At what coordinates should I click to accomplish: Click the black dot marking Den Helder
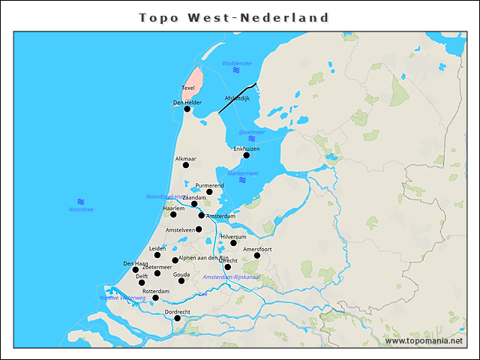187,109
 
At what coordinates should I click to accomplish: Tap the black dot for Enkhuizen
246,156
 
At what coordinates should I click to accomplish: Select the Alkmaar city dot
186,165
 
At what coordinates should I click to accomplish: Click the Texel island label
188,88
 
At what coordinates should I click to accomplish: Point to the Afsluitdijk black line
238,97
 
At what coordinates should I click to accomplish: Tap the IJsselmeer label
252,132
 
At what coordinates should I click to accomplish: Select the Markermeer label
243,173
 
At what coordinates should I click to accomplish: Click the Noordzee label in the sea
81,209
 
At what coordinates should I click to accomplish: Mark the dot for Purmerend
209,192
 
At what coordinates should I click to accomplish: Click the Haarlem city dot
173,214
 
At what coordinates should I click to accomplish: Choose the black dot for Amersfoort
256,256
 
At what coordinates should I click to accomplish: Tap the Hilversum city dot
233,243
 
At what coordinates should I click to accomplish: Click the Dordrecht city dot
178,318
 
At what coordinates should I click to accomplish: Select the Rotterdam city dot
155,298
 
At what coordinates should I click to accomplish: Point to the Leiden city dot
157,255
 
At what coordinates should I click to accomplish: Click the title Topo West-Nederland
234,17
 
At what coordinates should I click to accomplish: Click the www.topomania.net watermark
424,341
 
